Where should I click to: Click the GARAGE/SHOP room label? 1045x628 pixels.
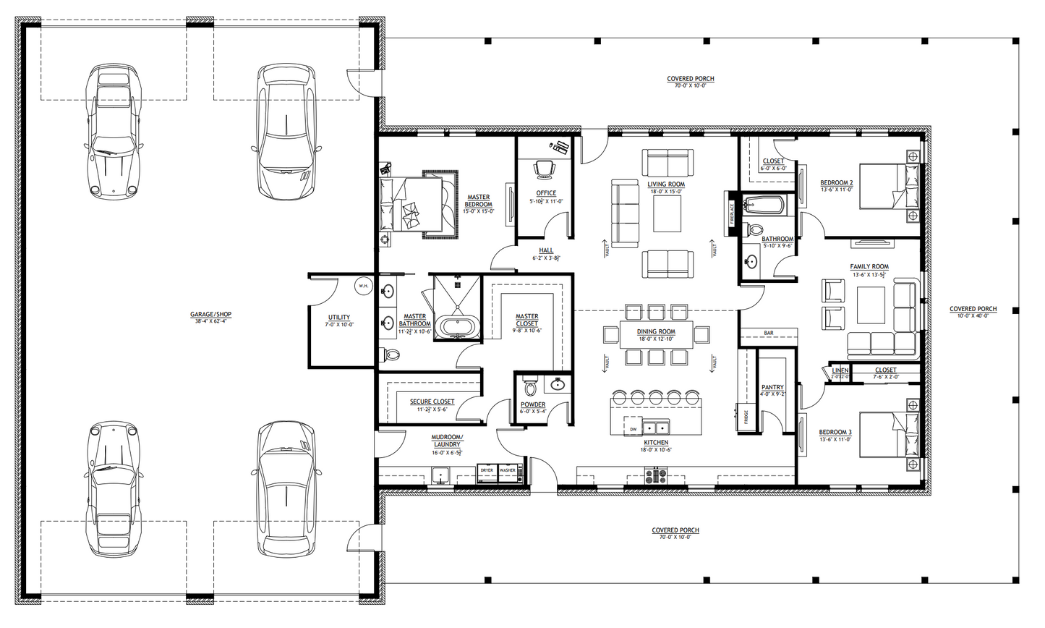click(x=210, y=315)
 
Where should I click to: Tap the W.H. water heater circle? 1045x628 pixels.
click(x=363, y=287)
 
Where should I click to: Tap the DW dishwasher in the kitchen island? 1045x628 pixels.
click(x=633, y=429)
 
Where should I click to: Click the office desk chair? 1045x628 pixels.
click(x=544, y=168)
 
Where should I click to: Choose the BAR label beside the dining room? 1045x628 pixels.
click(x=768, y=334)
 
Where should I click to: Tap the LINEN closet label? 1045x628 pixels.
click(x=840, y=370)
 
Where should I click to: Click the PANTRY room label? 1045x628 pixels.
click(x=772, y=388)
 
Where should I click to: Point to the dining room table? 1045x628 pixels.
click(x=657, y=334)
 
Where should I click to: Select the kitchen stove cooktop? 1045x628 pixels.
click(x=656, y=475)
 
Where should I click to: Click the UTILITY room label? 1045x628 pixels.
click(x=338, y=318)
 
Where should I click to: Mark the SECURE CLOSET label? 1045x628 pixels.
click(x=432, y=402)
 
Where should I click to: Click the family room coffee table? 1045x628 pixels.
click(x=871, y=305)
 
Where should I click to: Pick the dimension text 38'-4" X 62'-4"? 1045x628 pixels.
click(x=210, y=321)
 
